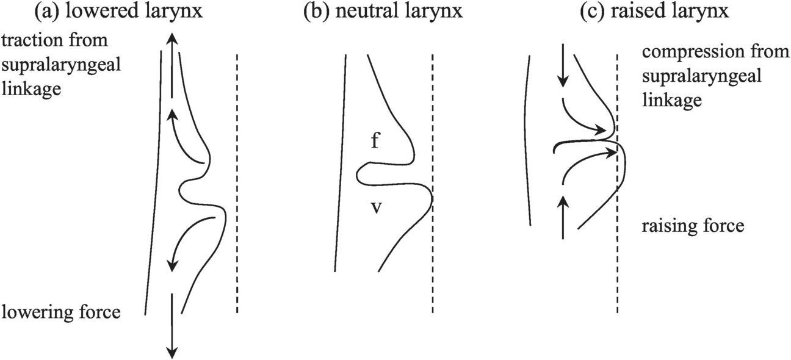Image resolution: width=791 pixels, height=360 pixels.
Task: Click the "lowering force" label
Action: (x=60, y=313)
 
